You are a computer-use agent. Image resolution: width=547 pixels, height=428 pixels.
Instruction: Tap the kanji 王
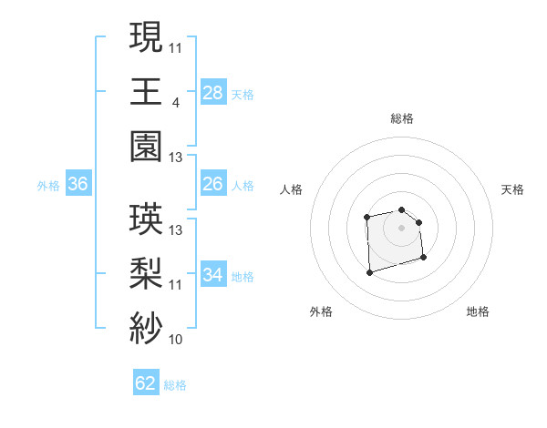(x=146, y=91)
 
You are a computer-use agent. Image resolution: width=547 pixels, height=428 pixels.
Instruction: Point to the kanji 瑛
(x=146, y=219)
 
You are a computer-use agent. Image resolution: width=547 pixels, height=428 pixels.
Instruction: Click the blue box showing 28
(x=212, y=92)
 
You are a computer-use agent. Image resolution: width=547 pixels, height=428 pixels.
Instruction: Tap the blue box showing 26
(x=212, y=185)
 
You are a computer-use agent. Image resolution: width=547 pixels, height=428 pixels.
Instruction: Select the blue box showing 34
(x=212, y=275)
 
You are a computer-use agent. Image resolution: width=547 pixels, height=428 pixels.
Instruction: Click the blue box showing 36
(x=78, y=185)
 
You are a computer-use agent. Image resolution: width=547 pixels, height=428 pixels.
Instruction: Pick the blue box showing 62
(x=146, y=383)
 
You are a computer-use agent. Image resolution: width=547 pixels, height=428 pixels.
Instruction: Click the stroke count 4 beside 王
(x=174, y=103)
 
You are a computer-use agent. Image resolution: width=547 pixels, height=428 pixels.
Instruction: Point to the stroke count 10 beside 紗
(x=176, y=341)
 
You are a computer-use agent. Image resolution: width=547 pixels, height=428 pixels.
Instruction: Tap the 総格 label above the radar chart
(x=401, y=118)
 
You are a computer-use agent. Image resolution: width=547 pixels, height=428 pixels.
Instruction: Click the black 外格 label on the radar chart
(x=321, y=311)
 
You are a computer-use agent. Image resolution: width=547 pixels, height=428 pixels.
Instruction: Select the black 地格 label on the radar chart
(x=478, y=311)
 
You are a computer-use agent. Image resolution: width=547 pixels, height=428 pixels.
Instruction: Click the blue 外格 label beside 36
(x=48, y=186)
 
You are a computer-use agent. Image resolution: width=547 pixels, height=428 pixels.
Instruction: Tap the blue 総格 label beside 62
(x=175, y=384)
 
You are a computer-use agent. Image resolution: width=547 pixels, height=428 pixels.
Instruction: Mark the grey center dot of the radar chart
(x=401, y=227)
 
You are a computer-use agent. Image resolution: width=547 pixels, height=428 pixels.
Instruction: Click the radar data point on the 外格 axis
(x=369, y=271)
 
